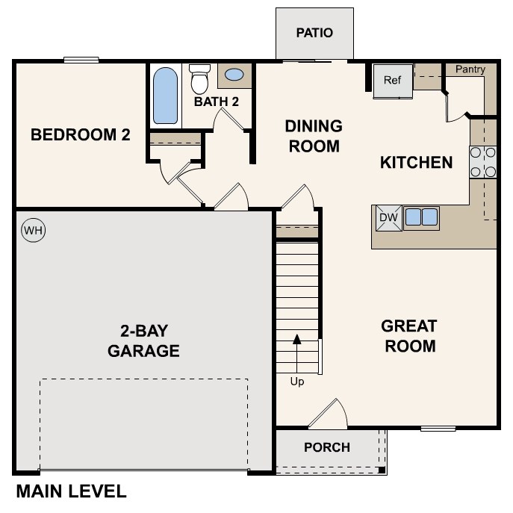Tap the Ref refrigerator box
click(x=393, y=81)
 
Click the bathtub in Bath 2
click(x=165, y=96)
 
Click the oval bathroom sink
click(x=234, y=75)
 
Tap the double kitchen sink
click(x=421, y=217)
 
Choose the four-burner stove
click(x=483, y=162)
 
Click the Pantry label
click(x=470, y=69)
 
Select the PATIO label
click(x=314, y=33)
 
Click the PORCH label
click(x=327, y=447)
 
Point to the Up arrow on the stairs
click(x=297, y=351)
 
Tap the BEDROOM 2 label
click(x=80, y=135)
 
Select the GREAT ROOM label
click(x=408, y=336)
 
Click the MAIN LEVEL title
click(x=71, y=491)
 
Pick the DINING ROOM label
click(x=313, y=136)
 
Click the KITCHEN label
click(x=416, y=162)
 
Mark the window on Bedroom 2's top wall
click(x=81, y=60)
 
